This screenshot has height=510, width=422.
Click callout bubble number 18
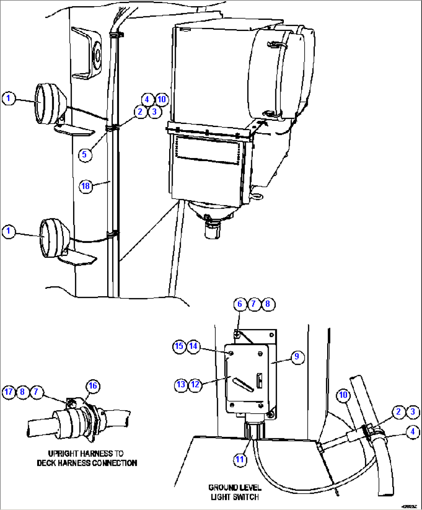pyautogui.click(x=85, y=186)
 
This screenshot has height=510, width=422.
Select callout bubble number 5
pyautogui.click(x=84, y=155)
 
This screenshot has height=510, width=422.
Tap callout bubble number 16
pyautogui.click(x=93, y=386)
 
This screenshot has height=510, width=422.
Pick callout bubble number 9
pyautogui.click(x=297, y=357)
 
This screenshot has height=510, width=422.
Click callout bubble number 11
pyautogui.click(x=240, y=460)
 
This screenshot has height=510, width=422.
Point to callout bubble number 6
pyautogui.click(x=240, y=304)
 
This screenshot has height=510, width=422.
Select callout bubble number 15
pyautogui.click(x=179, y=346)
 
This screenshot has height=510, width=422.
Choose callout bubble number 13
pyautogui.click(x=181, y=385)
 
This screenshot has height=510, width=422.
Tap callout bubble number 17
pyautogui.click(x=9, y=392)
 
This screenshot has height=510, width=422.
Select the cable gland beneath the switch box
pyautogui.click(x=254, y=430)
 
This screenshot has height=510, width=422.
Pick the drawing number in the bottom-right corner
pyautogui.click(x=409, y=506)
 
